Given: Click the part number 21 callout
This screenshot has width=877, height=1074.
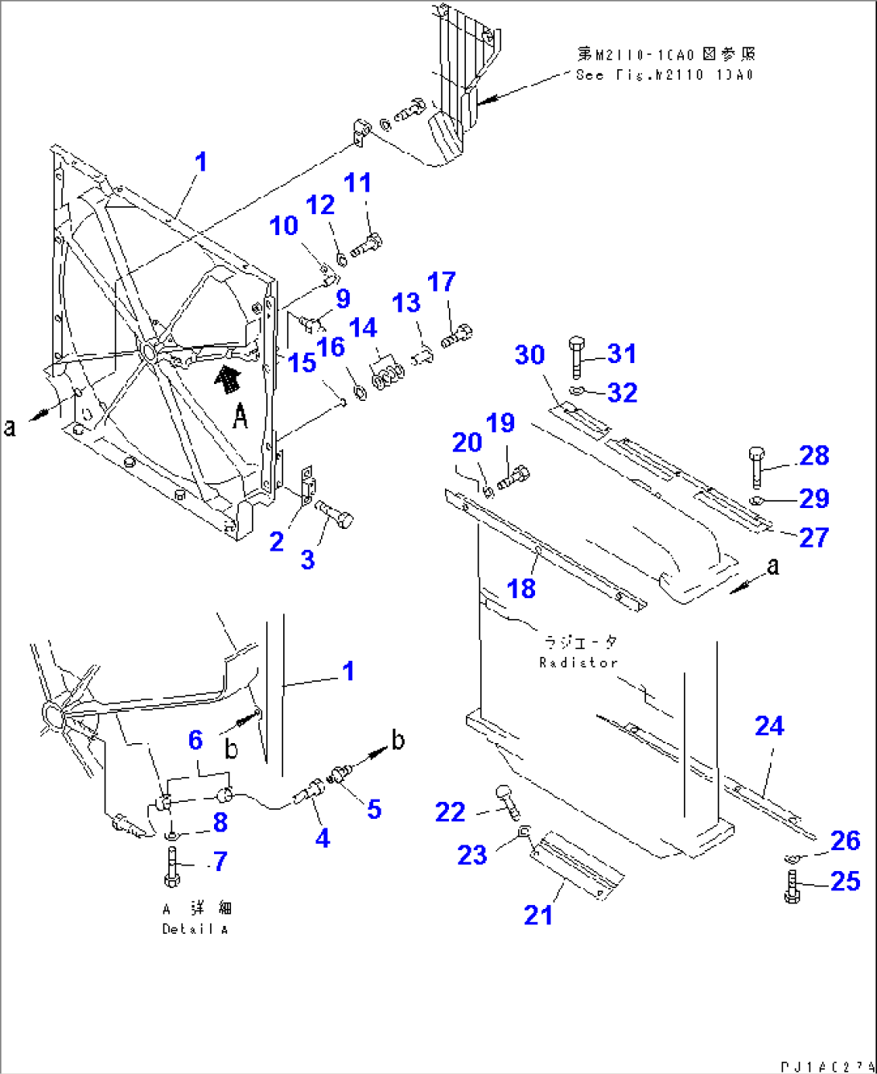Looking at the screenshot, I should (x=538, y=915).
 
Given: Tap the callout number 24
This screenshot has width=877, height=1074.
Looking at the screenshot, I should (x=769, y=726).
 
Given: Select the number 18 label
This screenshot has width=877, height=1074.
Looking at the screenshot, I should (x=521, y=589).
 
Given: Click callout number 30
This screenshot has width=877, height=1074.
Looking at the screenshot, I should (x=529, y=355).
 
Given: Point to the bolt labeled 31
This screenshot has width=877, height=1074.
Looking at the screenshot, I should (x=576, y=357).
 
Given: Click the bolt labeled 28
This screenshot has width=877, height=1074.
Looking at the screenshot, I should (x=757, y=465).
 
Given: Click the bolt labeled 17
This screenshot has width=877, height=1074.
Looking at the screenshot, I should (x=456, y=335).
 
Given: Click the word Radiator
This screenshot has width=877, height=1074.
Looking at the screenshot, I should (x=578, y=663).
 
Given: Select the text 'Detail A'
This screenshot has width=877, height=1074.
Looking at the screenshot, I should (x=195, y=929).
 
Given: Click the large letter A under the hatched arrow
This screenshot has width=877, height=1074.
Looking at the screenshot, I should (x=240, y=416).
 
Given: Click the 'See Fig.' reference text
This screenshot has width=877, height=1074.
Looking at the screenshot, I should (x=665, y=75).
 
